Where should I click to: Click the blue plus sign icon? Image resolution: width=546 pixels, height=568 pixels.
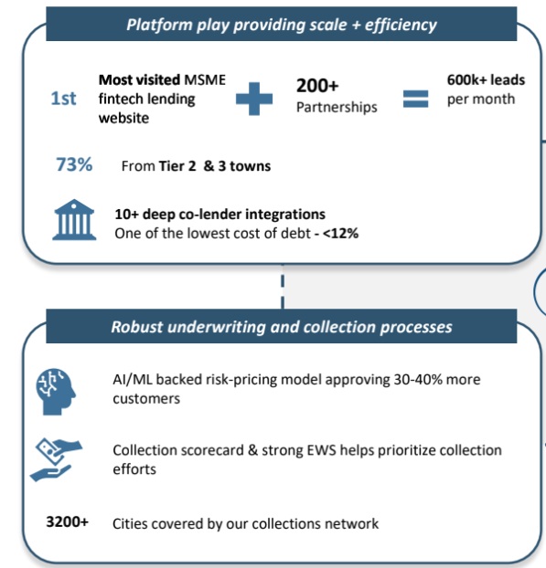[254, 99]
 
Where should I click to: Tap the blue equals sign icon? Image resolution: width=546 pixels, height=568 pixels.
[415, 99]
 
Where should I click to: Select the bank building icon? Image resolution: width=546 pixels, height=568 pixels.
[74, 219]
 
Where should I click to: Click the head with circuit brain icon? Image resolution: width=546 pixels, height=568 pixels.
[56, 391]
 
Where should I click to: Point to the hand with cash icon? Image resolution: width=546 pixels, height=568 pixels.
[56, 459]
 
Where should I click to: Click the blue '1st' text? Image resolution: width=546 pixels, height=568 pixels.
[63, 99]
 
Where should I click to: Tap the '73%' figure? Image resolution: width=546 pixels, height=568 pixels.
[74, 164]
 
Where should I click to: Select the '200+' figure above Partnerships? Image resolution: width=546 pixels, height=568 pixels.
[317, 86]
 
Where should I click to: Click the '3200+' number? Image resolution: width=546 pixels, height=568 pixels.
[67, 521]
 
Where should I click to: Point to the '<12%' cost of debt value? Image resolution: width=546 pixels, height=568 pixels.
[340, 233]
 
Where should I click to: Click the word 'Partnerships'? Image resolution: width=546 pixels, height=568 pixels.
[337, 107]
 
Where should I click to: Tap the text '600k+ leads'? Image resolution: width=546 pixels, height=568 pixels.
[486, 79]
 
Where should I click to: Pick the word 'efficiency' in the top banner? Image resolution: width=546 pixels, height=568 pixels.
[401, 25]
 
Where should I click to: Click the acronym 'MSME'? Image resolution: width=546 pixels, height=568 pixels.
[205, 79]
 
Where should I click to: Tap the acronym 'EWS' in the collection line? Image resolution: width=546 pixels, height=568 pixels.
[322, 450]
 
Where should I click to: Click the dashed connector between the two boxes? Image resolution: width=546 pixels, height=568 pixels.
[283, 287]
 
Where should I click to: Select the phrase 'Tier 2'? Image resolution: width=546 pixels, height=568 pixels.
[177, 166]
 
